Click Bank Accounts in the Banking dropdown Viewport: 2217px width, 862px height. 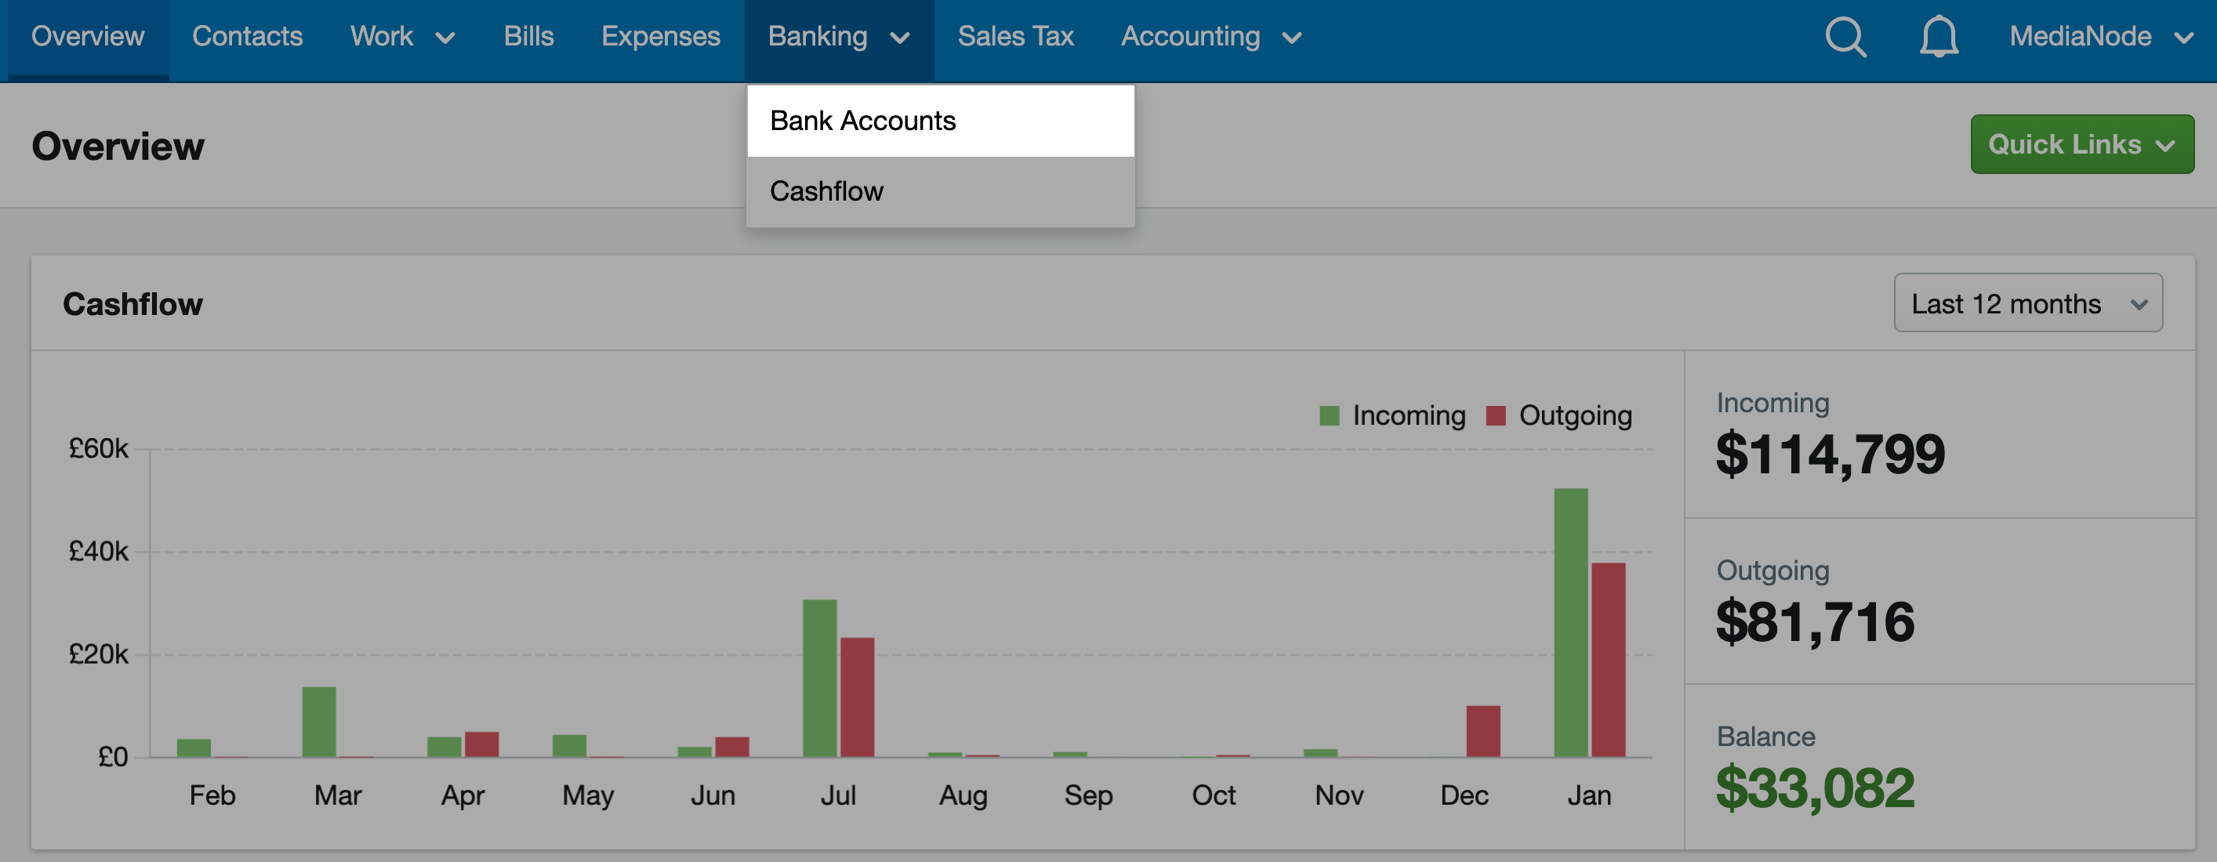(x=862, y=121)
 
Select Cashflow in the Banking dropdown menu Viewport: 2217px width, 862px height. (x=826, y=191)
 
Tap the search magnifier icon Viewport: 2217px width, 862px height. (x=1846, y=37)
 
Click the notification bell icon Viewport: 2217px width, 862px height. (x=1939, y=37)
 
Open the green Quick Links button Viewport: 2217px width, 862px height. (x=2082, y=144)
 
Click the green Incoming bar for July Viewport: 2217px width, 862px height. (x=819, y=678)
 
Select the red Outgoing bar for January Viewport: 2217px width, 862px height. (x=1608, y=660)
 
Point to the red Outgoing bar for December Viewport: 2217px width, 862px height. (x=1483, y=731)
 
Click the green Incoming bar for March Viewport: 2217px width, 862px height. (x=319, y=722)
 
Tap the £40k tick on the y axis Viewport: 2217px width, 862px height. (x=98, y=552)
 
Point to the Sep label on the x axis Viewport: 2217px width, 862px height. (x=1088, y=795)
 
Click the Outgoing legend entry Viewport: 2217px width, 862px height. (x=1558, y=415)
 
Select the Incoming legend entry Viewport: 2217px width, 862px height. (x=1392, y=415)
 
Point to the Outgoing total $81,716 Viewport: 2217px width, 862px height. (x=1814, y=622)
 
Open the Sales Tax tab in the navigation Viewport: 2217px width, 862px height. (x=1015, y=36)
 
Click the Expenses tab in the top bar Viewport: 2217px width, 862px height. (x=660, y=36)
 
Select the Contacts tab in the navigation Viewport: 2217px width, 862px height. (x=247, y=36)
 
